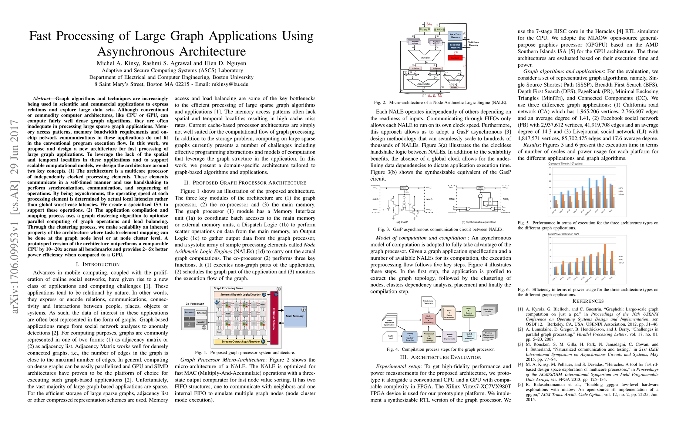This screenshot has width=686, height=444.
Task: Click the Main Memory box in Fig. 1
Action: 295,316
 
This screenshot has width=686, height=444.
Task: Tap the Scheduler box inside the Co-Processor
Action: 201,313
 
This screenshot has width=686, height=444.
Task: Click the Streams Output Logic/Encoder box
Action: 241,342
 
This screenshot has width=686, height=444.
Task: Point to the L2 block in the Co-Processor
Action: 189,324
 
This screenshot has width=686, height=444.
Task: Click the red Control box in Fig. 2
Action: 455,58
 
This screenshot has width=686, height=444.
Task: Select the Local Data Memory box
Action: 455,36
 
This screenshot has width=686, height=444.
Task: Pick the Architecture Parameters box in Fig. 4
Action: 428,302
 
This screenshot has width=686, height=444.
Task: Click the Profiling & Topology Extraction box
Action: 410,336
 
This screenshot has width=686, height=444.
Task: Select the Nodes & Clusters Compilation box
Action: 468,312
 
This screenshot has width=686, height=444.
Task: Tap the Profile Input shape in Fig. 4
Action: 390,336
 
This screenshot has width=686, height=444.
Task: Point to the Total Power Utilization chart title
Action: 563,234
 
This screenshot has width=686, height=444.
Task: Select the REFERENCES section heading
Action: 588,301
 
